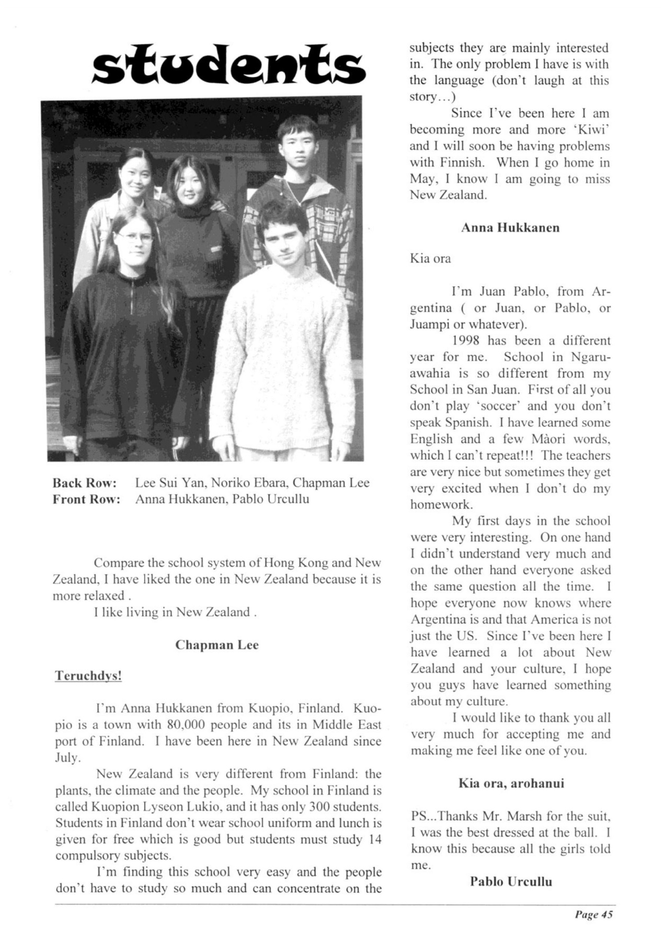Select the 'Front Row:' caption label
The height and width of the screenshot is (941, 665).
coord(86,499)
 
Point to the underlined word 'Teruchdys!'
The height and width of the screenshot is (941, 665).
coord(88,675)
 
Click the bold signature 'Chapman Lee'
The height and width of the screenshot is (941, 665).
coord(217,645)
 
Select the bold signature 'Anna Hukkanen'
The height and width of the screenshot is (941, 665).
coord(510,228)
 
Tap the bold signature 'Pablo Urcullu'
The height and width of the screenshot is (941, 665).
coord(511,882)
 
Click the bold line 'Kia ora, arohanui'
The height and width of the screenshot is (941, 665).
coord(511,783)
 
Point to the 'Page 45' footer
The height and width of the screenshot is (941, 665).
coord(593,914)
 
